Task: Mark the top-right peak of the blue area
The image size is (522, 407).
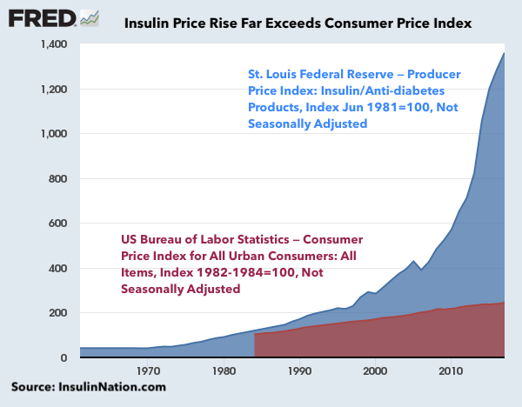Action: (504, 54)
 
